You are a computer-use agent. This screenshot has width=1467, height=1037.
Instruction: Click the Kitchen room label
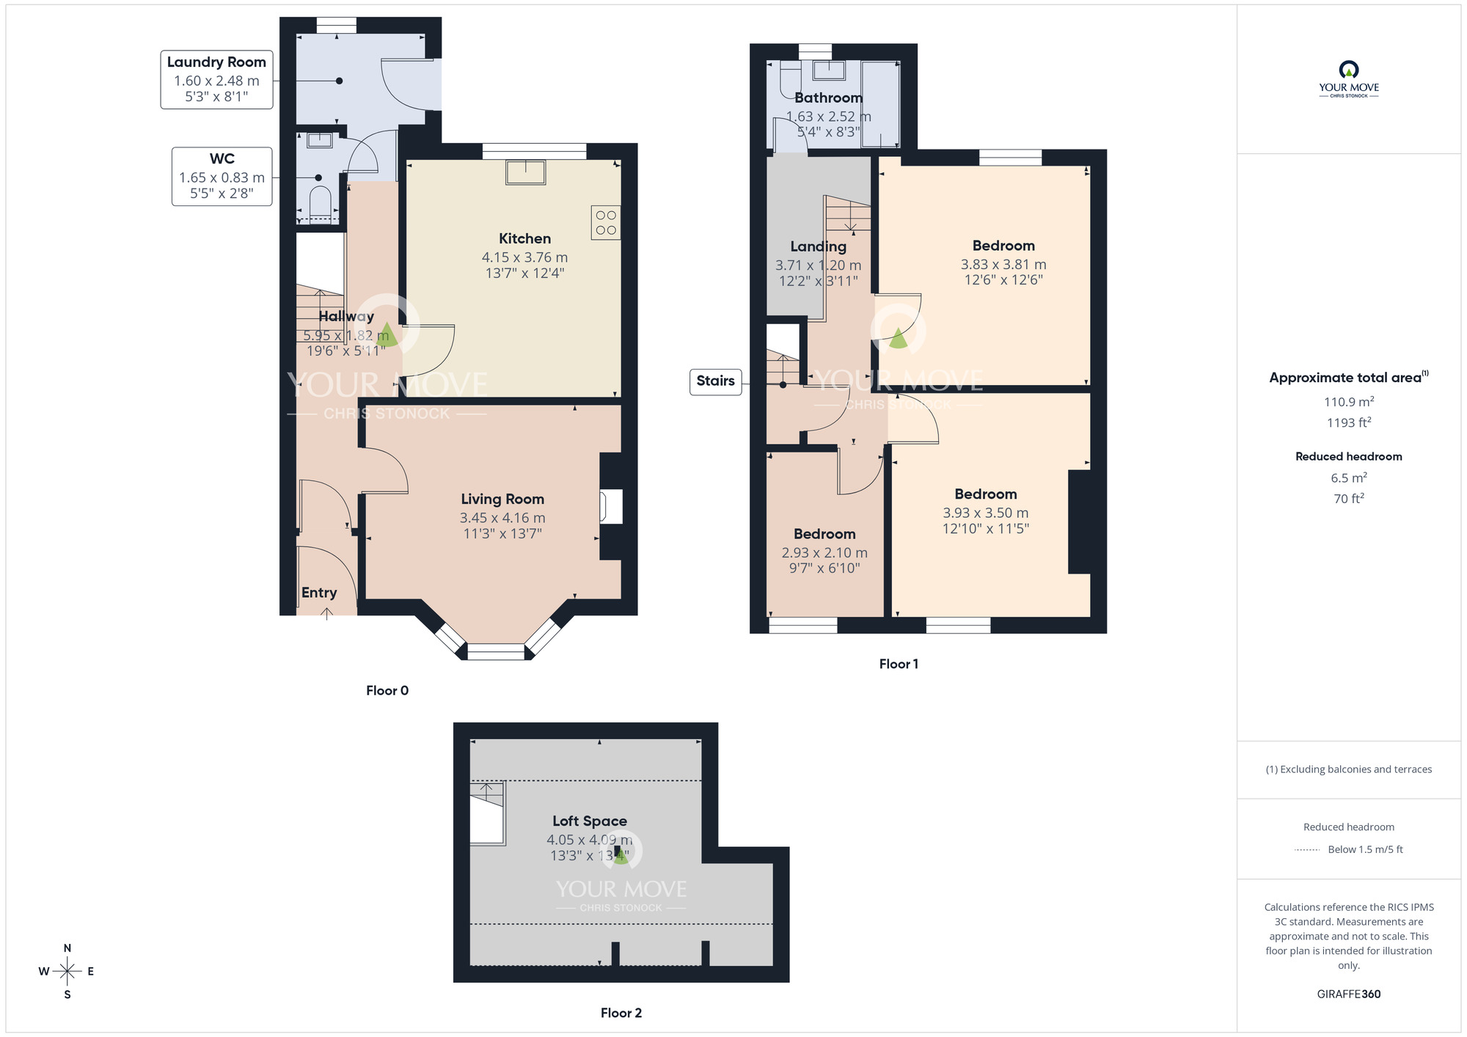click(524, 239)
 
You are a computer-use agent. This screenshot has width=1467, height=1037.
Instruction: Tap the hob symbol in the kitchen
click(606, 223)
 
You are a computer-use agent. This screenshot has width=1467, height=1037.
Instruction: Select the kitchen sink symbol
click(526, 172)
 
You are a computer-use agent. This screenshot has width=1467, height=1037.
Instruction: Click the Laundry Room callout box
click(216, 79)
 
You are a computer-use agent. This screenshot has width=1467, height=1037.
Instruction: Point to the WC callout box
click(222, 176)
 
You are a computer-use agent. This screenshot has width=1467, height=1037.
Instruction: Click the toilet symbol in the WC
click(321, 202)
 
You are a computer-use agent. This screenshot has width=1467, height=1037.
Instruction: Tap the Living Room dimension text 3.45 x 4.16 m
click(502, 518)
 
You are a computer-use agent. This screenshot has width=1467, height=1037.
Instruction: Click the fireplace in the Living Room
click(610, 506)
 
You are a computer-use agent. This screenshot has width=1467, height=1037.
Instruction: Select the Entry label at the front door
click(319, 593)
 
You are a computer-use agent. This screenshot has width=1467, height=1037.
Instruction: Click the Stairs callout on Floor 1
click(715, 381)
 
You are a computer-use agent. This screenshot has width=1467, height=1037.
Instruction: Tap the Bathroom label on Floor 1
click(828, 98)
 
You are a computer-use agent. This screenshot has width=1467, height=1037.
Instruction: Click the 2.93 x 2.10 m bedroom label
click(824, 552)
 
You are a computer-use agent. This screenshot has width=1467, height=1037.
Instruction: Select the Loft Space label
click(590, 821)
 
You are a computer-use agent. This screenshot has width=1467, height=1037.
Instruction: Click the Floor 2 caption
click(621, 1013)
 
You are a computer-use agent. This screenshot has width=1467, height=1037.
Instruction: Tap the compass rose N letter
click(67, 948)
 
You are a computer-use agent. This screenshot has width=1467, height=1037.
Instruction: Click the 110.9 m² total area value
click(1348, 402)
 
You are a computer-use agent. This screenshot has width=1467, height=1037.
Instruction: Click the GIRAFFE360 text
click(1348, 994)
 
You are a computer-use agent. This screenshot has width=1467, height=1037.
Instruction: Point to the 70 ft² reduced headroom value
click(1348, 499)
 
